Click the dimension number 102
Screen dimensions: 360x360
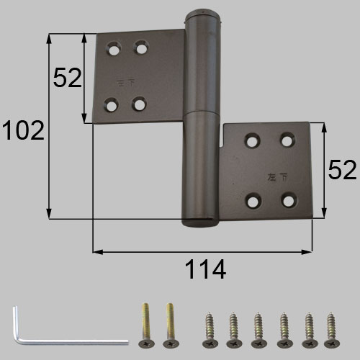[23, 130]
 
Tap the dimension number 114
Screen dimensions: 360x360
[205, 269]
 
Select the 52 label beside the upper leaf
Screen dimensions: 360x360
[68, 78]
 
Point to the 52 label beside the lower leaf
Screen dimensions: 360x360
[342, 170]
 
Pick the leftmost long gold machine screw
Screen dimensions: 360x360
[146, 325]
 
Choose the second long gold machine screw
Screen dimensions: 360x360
[171, 325]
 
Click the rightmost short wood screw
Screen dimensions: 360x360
[331, 330]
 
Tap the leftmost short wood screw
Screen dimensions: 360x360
[210, 330]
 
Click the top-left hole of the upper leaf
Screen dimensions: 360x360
[114, 50]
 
